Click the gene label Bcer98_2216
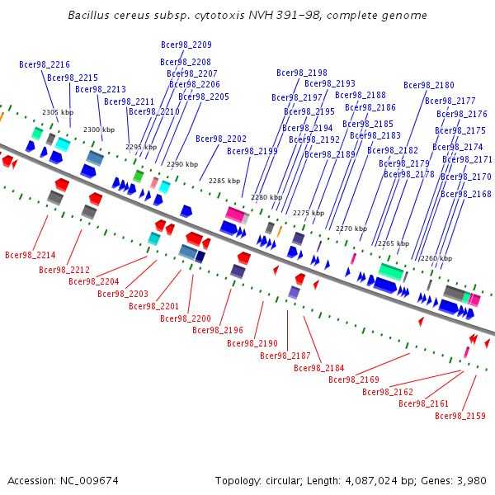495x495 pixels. [x=45, y=64]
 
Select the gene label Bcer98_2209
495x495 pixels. [x=186, y=45]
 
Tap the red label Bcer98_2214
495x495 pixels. [x=31, y=255]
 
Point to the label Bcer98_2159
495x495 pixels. [x=460, y=416]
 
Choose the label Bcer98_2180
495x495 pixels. [x=429, y=85]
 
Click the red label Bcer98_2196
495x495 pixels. [x=218, y=330]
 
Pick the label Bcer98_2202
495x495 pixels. [x=221, y=139]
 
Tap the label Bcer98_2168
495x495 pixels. [x=466, y=194]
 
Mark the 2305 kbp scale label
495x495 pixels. [x=58, y=112]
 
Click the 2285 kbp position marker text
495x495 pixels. [x=224, y=181]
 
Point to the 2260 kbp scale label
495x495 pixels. [x=436, y=258]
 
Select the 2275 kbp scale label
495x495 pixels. [x=309, y=213]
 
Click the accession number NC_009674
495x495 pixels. [x=89, y=481]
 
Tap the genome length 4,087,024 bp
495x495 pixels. [x=371, y=481]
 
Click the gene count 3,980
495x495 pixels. [x=472, y=481]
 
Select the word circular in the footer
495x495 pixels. [x=283, y=481]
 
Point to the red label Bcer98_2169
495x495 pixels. [x=354, y=379]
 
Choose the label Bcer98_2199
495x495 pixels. [x=252, y=152]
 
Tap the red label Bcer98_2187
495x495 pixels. [x=285, y=356]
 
